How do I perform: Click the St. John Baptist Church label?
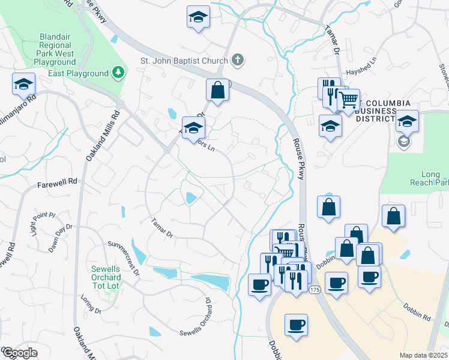184,61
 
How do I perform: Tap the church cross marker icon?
238,60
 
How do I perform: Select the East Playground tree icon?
119,73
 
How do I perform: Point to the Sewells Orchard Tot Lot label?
106,273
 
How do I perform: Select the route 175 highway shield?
315,290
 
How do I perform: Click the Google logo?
20,353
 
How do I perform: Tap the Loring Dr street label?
91,304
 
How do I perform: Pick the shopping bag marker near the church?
218,91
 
